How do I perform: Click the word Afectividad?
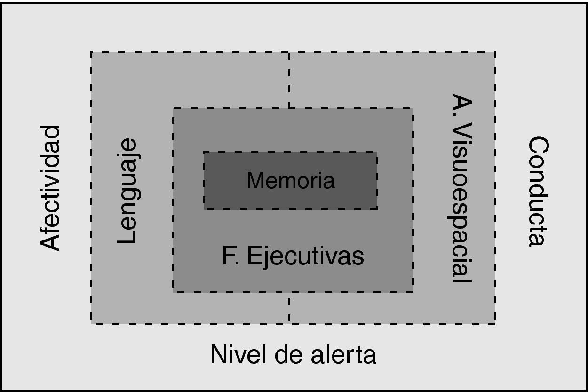[50, 188]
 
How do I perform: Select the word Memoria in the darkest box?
[290, 181]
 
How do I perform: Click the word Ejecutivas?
[305, 257]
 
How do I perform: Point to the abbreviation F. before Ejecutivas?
[230, 257]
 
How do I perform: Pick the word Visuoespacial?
[461, 202]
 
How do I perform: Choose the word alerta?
[337, 354]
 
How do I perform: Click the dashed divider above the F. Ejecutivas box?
[289, 80]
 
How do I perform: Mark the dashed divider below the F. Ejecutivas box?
[289, 308]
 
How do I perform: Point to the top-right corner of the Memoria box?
[377, 152]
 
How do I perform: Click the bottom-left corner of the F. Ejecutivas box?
[174, 292]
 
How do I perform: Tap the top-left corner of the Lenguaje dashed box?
[91, 52]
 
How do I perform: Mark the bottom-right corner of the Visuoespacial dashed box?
[495, 323]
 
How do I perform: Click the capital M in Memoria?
[255, 181]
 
